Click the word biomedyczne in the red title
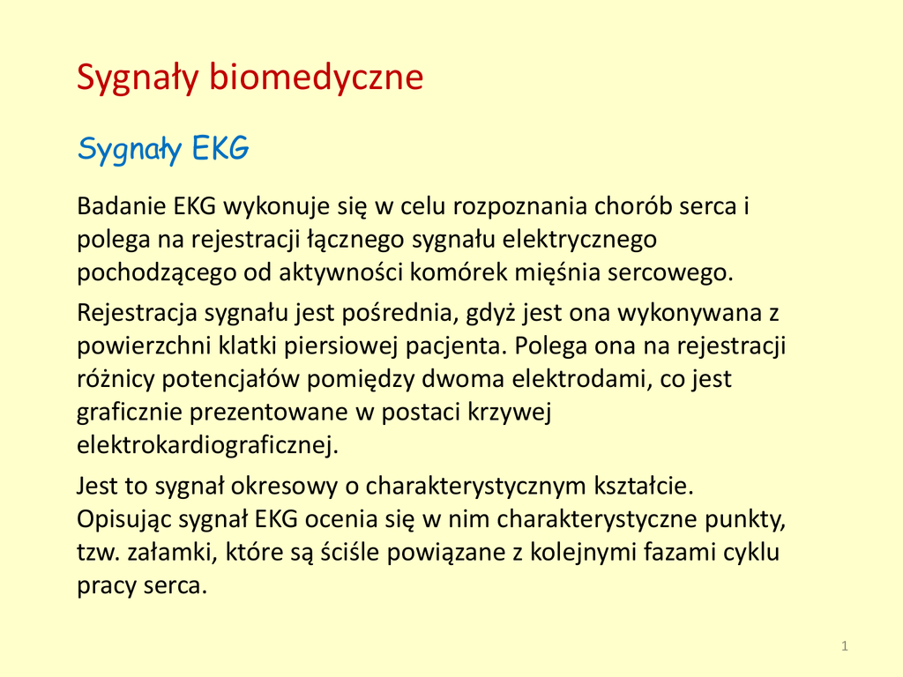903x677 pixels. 317,78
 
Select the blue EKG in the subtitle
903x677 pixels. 220,148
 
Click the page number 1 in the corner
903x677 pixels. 845,646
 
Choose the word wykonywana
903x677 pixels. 689,314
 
